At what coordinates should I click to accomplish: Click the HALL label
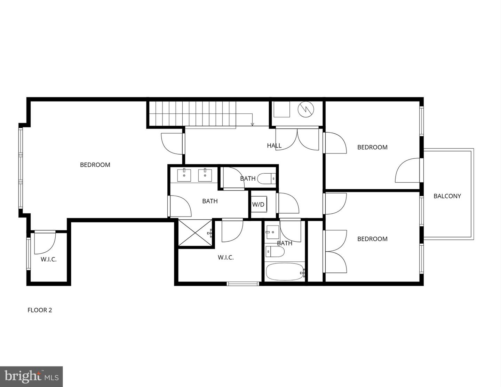274,145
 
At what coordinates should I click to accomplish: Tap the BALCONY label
447,196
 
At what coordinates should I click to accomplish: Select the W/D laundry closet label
258,205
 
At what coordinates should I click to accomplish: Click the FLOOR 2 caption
40,310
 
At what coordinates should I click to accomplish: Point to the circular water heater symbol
305,109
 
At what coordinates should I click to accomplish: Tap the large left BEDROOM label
95,165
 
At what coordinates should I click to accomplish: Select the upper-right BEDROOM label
372,147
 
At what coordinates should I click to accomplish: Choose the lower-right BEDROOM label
372,239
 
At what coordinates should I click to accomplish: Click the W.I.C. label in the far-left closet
49,259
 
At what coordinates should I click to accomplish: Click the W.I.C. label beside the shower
226,258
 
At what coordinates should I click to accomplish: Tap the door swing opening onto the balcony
408,171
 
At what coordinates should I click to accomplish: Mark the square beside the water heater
281,109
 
